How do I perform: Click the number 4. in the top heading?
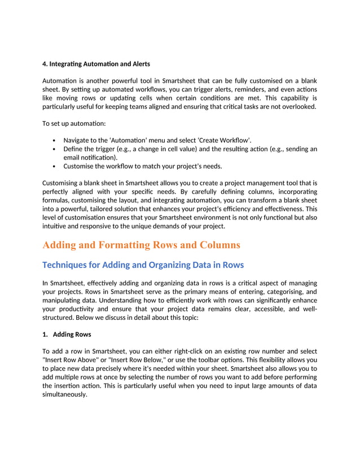click(x=46, y=63)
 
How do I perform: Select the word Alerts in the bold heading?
click(x=138, y=63)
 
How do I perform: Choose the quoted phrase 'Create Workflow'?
click(x=225, y=140)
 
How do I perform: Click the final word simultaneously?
click(x=65, y=394)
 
